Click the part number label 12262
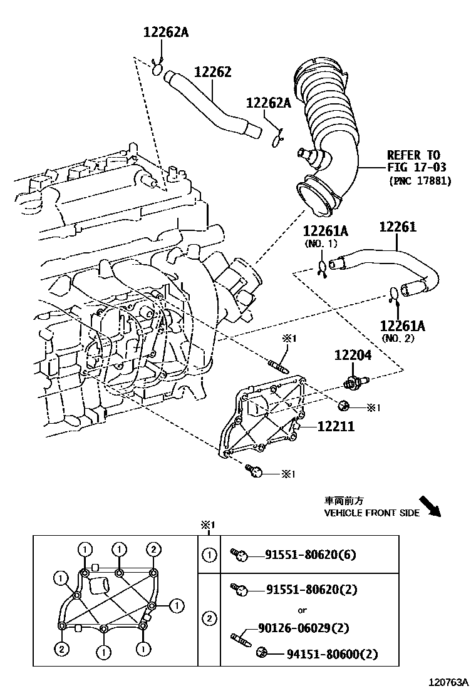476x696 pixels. click(213, 72)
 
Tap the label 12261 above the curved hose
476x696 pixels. click(398, 227)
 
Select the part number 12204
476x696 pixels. click(353, 355)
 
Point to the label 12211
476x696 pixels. click(336, 427)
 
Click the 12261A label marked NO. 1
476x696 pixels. click(326, 231)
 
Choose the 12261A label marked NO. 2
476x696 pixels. click(402, 326)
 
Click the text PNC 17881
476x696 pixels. click(420, 181)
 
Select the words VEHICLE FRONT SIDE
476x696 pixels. click(371, 513)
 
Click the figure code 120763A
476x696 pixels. click(448, 682)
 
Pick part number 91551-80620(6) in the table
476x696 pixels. click(311, 555)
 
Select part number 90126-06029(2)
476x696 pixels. click(304, 628)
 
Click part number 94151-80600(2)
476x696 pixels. click(332, 654)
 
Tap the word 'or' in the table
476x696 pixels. click(302, 610)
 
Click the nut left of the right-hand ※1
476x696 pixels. click(343, 406)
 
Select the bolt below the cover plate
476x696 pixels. click(254, 471)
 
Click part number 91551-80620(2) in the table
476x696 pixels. click(312, 590)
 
